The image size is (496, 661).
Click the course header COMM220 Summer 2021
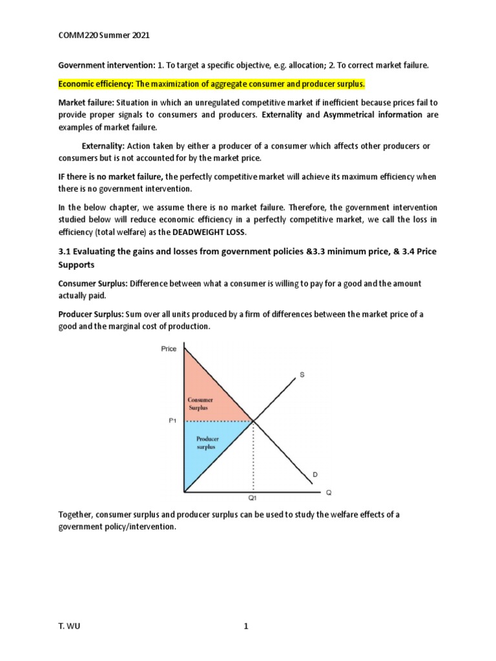click(x=104, y=36)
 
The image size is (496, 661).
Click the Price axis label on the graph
click(x=169, y=349)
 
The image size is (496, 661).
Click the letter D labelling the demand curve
click(x=315, y=474)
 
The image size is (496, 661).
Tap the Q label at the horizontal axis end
click(x=328, y=492)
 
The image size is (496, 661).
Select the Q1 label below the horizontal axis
click(x=253, y=498)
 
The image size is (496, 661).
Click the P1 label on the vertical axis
click(x=172, y=420)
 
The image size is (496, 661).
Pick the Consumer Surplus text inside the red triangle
click(x=200, y=404)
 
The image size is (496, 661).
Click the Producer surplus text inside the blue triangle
click(x=208, y=442)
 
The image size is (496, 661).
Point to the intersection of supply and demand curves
click(x=253, y=421)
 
